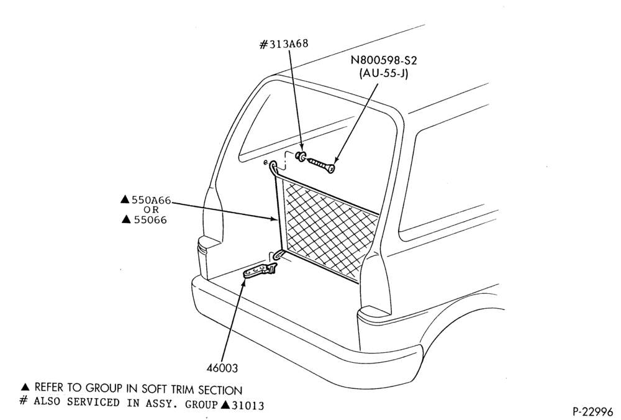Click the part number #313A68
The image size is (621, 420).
284,44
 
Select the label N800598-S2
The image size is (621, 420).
384,60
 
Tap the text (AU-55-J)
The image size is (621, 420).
383,73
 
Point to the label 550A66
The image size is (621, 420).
151,200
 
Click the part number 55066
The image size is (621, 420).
150,219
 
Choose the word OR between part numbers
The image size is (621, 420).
151,209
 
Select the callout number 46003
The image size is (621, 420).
222,368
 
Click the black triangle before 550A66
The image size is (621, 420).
125,199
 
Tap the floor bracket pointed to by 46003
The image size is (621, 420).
260,271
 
